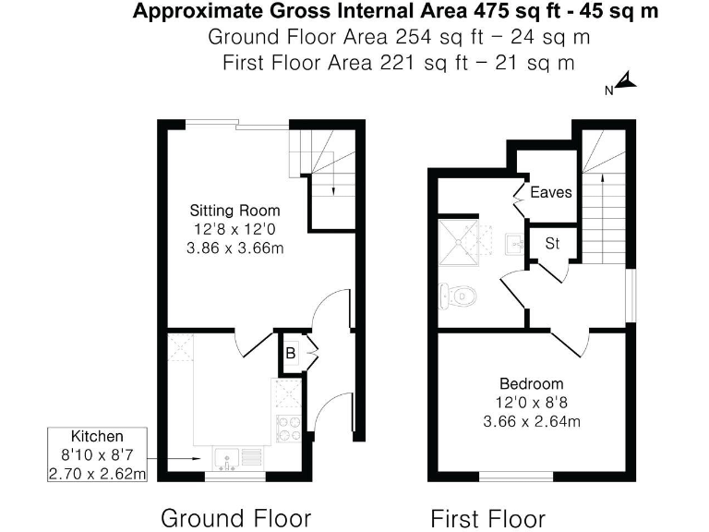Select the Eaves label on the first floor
551,193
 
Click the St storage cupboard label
553,244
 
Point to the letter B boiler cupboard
290,353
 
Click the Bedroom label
531,383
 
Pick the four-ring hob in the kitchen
287,428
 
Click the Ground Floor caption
235,516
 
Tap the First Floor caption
487,516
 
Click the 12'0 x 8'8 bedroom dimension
531,403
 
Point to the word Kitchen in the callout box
98,436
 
